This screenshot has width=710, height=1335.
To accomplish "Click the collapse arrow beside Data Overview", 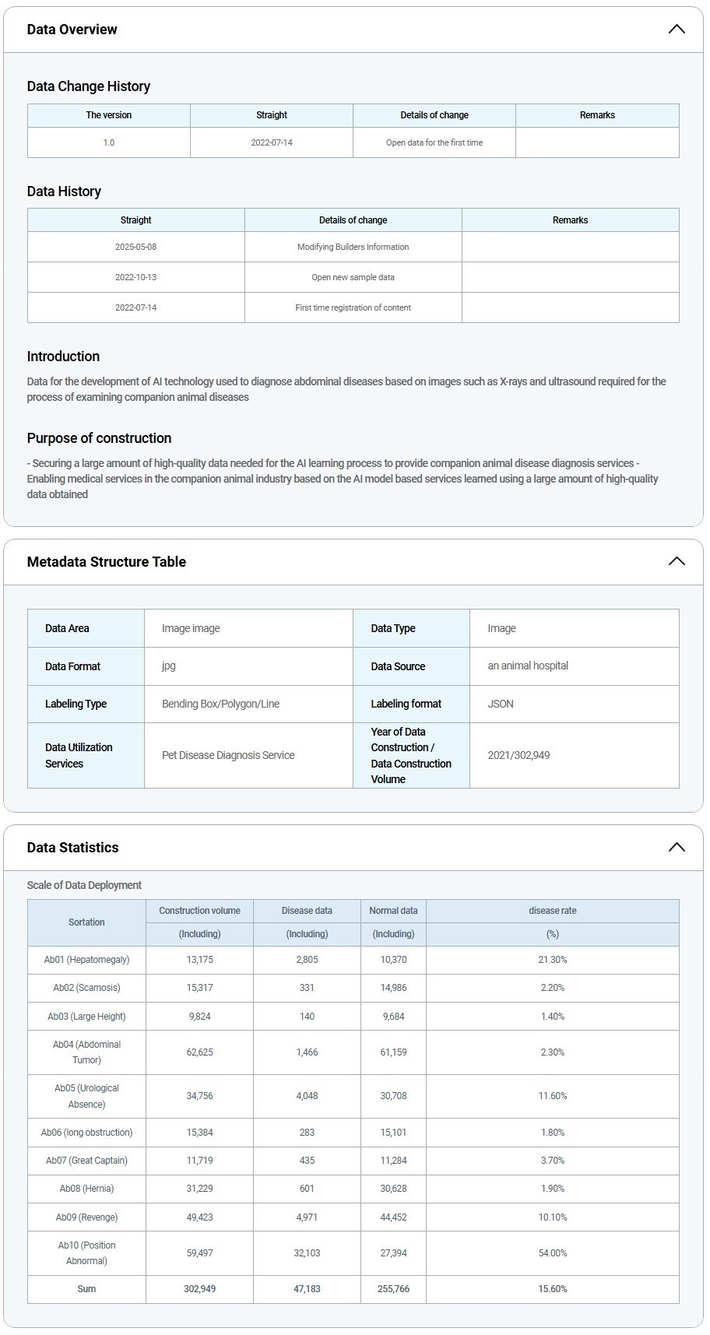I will coord(677,30).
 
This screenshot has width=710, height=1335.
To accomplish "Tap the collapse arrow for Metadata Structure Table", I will coord(677,561).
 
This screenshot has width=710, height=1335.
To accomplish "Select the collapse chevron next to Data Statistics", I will coord(677,847).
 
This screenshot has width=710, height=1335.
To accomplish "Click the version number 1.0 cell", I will coord(109,142).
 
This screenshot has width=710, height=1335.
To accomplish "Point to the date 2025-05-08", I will coord(136,247).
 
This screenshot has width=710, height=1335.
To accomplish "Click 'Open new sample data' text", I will coord(353,277).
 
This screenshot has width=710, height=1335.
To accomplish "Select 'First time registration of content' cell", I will coord(353,307).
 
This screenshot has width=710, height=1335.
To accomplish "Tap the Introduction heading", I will coord(63,357).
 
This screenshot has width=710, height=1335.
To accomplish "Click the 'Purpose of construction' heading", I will coord(99,438).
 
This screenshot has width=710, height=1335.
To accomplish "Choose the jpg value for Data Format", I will coord(169,666).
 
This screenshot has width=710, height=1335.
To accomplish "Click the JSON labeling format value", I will coord(501,704).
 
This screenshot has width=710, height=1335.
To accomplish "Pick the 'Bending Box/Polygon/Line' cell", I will coord(220,704).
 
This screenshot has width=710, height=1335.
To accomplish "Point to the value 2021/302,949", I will coord(518,755).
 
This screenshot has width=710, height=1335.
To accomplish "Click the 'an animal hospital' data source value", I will coord(528,666).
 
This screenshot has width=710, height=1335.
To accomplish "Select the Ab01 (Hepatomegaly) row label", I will coord(86,960).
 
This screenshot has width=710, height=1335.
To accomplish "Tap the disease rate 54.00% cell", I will coord(553,1253).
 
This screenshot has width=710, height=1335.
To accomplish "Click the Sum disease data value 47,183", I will coord(307,1289).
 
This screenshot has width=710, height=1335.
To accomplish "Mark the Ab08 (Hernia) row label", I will coord(86,1189).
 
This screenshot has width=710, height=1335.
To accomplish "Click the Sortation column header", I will coord(86,922).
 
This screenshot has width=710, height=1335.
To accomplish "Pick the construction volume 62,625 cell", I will coord(199,1052).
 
